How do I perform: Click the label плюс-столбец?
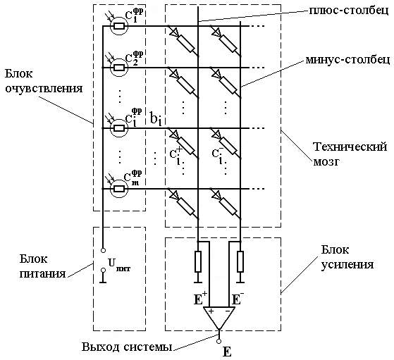(x=349, y=11)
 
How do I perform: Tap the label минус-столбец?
(x=347, y=60)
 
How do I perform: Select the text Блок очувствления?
(x=44, y=81)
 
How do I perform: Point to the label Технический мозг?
(x=350, y=154)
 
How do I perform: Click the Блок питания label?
(x=42, y=266)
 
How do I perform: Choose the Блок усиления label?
(x=347, y=257)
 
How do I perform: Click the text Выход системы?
(x=127, y=347)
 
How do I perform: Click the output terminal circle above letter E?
(x=219, y=341)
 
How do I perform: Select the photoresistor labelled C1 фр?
(x=119, y=26)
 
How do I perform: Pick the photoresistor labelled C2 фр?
(x=119, y=68)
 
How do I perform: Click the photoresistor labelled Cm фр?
(x=119, y=189)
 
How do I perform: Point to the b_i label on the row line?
(x=156, y=118)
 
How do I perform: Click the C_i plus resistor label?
(x=176, y=155)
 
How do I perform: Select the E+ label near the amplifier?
(x=200, y=299)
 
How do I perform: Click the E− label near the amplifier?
(x=238, y=299)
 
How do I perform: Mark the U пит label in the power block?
(x=119, y=265)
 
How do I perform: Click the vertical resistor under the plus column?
(x=198, y=261)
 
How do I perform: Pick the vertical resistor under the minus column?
(x=240, y=261)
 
